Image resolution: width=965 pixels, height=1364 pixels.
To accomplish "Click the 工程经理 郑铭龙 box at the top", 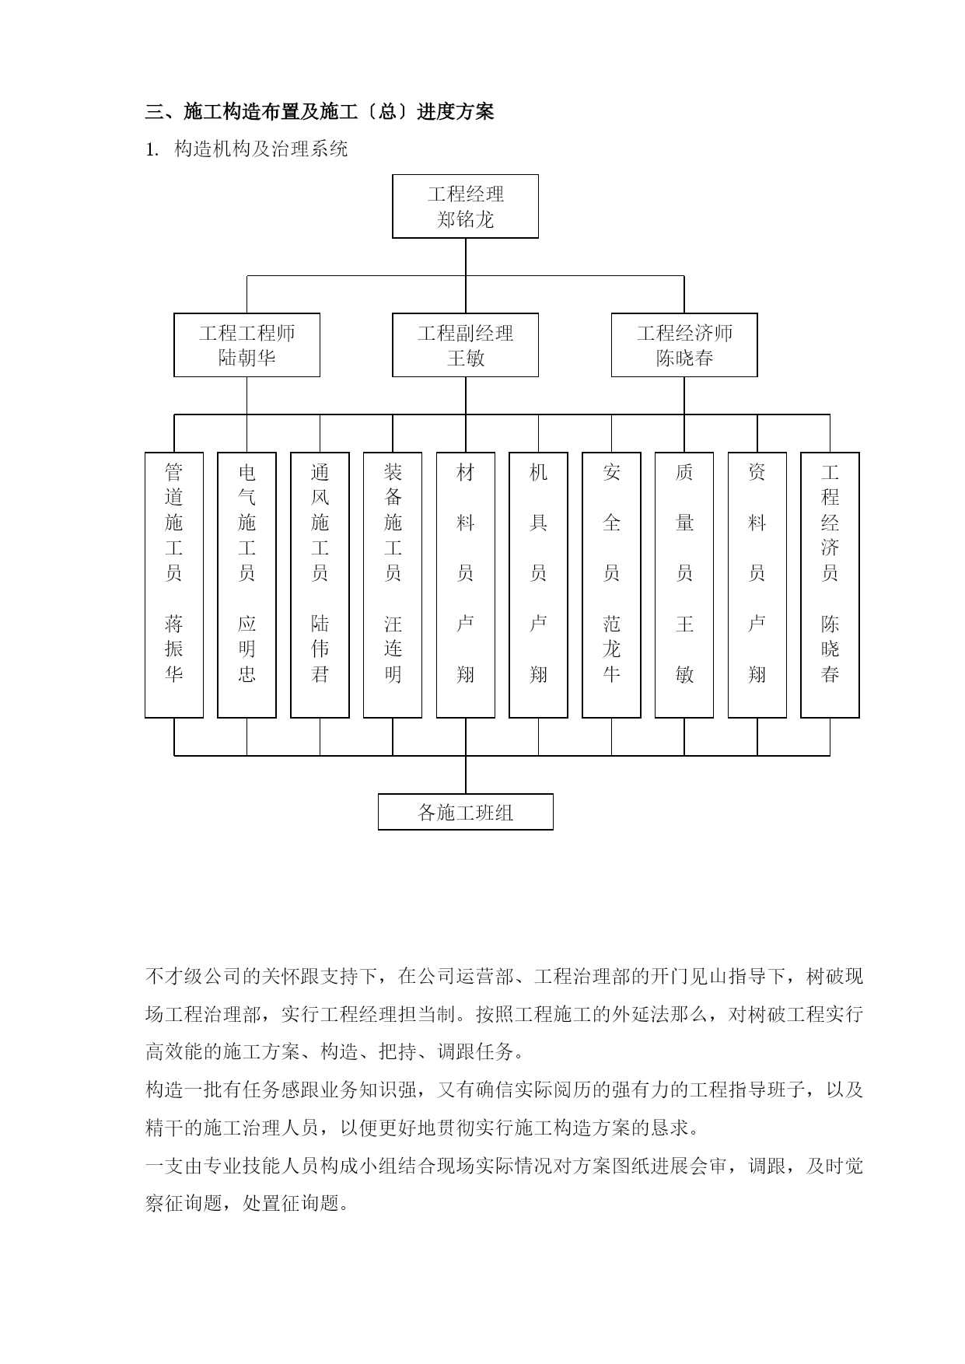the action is pyautogui.click(x=465, y=206).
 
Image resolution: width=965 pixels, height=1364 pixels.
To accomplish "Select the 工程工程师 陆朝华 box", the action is pyautogui.click(x=246, y=345).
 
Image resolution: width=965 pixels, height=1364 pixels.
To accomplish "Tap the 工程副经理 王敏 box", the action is pyautogui.click(x=465, y=345).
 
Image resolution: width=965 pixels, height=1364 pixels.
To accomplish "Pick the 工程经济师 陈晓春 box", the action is pyautogui.click(x=684, y=345).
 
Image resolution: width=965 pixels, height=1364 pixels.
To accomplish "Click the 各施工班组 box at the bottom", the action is pyautogui.click(x=465, y=812).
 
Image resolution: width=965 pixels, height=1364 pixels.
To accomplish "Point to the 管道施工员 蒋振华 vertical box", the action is pyautogui.click(x=174, y=585).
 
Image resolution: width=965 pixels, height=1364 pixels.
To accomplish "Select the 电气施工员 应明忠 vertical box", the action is pyautogui.click(x=246, y=585).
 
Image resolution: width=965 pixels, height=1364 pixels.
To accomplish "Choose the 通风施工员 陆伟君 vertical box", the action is pyautogui.click(x=320, y=585).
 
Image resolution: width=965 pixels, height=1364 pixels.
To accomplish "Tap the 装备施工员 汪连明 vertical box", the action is pyautogui.click(x=393, y=585).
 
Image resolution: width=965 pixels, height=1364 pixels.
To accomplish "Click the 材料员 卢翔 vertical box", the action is pyautogui.click(x=466, y=585).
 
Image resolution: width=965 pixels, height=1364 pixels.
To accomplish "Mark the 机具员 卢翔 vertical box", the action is pyautogui.click(x=538, y=585).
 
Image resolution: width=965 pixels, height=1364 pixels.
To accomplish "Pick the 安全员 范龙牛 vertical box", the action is pyautogui.click(x=611, y=585).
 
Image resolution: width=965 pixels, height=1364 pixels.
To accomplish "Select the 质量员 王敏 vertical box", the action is pyautogui.click(x=684, y=585).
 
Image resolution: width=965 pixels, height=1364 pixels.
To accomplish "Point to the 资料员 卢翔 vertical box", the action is pyautogui.click(x=757, y=585).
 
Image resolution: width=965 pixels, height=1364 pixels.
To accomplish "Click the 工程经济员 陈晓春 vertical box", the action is pyautogui.click(x=830, y=585).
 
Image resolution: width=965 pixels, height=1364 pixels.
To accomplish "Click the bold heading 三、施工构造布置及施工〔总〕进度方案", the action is pyautogui.click(x=320, y=112).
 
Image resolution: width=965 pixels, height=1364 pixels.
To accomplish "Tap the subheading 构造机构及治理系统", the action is pyautogui.click(x=261, y=149).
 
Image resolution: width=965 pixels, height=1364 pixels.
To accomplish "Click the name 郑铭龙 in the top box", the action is pyautogui.click(x=465, y=219).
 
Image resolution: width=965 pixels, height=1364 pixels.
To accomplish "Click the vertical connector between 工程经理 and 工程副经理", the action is pyautogui.click(x=466, y=276).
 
